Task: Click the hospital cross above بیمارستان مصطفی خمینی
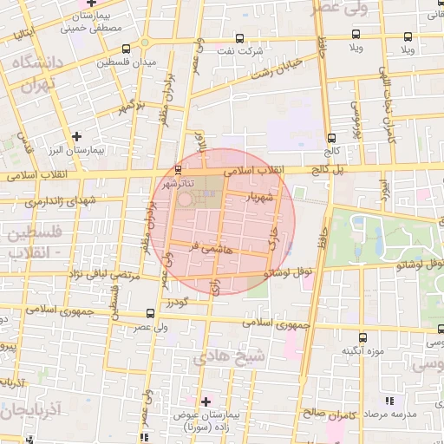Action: tap(80, 3)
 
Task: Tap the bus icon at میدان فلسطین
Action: tap(127, 49)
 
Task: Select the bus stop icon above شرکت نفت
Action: tap(240, 37)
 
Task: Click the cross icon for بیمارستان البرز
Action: tap(77, 136)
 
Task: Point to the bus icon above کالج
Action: tap(331, 137)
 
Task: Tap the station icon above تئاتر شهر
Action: tap(178, 168)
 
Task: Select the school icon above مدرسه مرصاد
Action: tap(388, 401)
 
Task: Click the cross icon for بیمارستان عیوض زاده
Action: tap(206, 401)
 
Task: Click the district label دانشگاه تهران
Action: tap(34, 75)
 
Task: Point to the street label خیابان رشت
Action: tap(277, 68)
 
